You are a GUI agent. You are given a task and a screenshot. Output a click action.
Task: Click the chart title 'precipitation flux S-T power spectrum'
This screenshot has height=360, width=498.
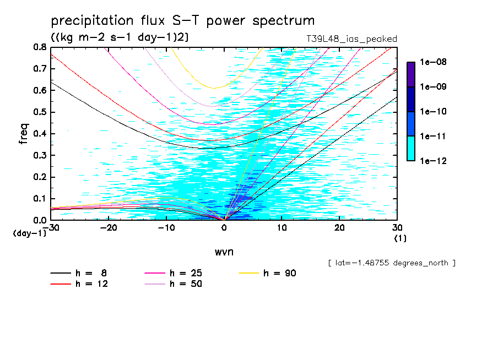point(183,21)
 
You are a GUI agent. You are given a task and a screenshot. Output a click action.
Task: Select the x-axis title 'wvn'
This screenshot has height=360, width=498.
point(224,252)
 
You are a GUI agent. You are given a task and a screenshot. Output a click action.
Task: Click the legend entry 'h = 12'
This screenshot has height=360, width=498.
point(79,284)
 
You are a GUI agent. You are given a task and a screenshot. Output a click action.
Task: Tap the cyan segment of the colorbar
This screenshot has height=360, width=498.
point(410,148)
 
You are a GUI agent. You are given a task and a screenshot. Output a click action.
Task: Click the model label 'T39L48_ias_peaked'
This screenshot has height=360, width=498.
point(351,39)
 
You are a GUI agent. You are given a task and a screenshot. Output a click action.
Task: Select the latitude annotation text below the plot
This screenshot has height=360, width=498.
point(391,263)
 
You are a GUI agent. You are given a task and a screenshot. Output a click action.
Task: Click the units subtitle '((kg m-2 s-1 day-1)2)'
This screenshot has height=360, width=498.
point(120,37)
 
